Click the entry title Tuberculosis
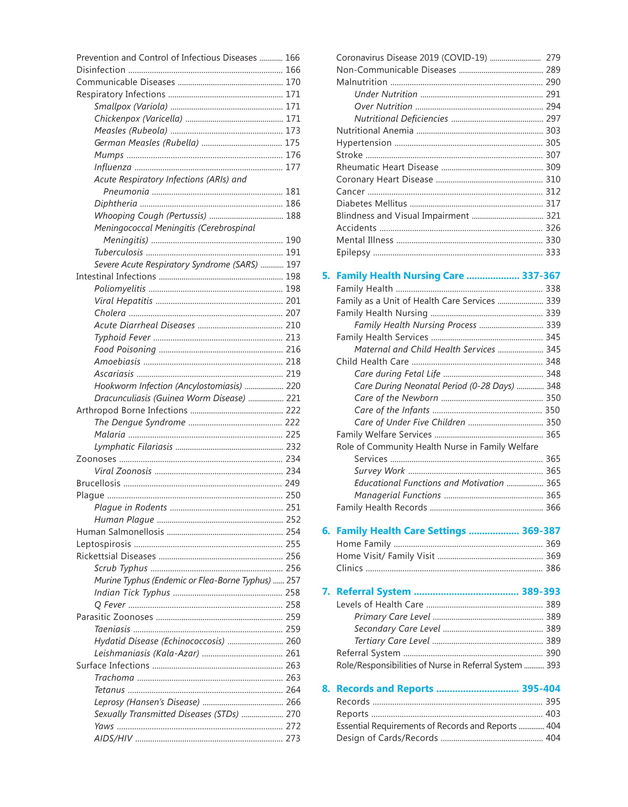point(118,253)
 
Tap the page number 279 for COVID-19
point(553,58)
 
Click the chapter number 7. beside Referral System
point(326,592)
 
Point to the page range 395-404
point(541,689)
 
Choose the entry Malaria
point(109,434)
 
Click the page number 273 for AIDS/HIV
point(293,739)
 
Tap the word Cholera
point(110,313)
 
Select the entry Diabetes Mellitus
point(371,204)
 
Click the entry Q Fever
point(110,605)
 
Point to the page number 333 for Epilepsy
point(553,253)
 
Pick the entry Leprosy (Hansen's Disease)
point(147,702)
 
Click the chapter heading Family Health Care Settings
point(401,531)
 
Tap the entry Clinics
point(349,568)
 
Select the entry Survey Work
point(379,471)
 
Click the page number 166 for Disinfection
point(292,70)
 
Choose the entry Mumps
point(109,155)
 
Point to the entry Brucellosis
point(98,483)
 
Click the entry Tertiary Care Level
point(391,641)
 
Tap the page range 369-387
point(541,531)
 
